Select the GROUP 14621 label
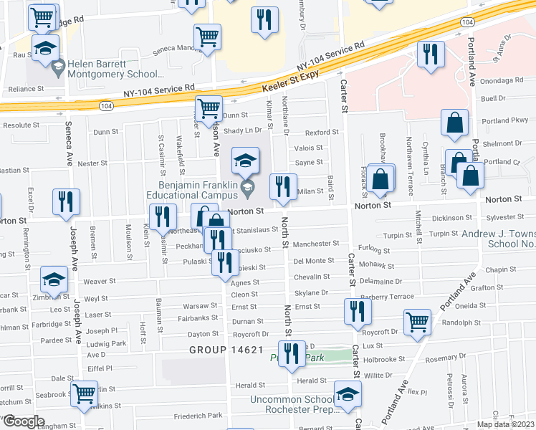226,350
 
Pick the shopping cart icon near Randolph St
417,322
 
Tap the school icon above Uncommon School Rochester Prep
348,393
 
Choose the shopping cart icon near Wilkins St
85,393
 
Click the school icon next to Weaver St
54,279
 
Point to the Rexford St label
320,133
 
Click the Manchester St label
315,244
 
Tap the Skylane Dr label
311,293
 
